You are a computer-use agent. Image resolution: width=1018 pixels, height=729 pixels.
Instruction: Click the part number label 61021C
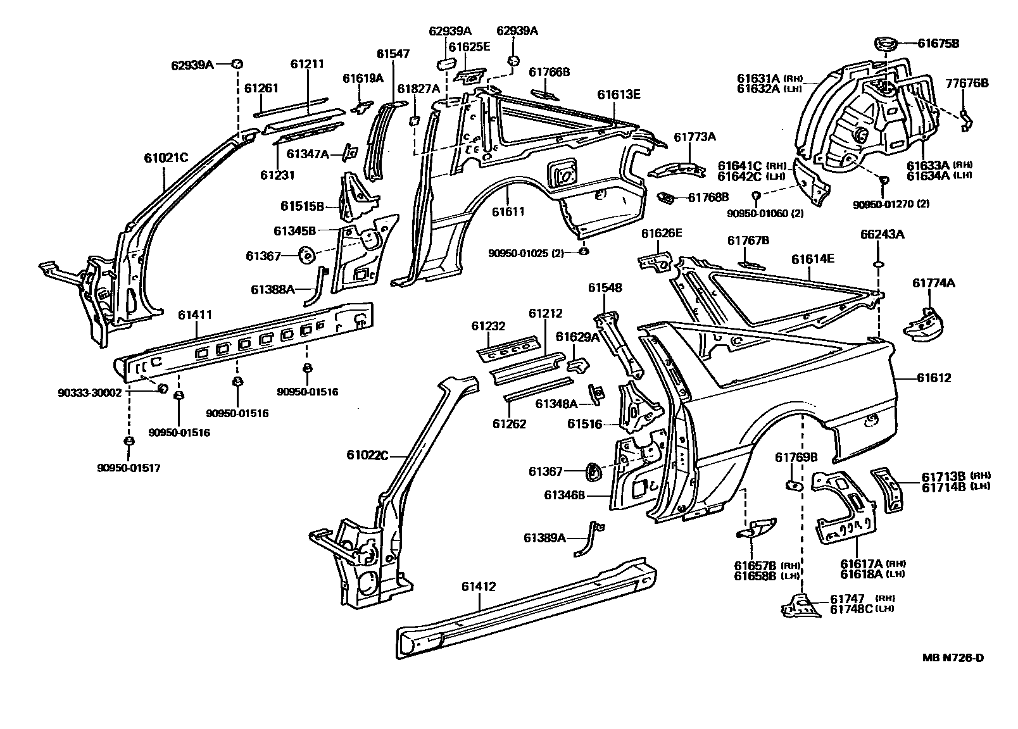click(166, 158)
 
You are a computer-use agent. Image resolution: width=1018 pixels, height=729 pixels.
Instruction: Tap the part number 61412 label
click(479, 587)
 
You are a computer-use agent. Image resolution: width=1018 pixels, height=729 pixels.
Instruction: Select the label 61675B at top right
click(938, 44)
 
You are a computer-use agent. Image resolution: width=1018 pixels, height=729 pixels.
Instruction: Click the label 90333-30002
click(90, 393)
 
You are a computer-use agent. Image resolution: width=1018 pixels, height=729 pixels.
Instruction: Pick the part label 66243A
click(882, 234)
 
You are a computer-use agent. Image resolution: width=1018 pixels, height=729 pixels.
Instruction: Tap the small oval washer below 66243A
click(878, 264)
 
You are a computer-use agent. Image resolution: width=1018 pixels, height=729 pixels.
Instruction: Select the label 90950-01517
click(129, 468)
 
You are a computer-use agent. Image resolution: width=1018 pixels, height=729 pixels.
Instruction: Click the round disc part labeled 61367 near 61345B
click(307, 254)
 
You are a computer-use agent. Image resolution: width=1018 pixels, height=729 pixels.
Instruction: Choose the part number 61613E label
click(619, 94)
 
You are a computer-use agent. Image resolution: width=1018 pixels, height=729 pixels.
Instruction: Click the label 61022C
click(368, 455)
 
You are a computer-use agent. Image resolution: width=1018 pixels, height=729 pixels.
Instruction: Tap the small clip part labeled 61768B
click(666, 197)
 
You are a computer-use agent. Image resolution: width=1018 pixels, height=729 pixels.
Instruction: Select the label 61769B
click(796, 458)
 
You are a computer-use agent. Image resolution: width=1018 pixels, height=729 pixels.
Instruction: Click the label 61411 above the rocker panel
click(195, 315)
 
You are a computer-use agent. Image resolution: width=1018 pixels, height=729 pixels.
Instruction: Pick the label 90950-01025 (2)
click(526, 254)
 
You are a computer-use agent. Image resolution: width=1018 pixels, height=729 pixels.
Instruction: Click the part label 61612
click(934, 378)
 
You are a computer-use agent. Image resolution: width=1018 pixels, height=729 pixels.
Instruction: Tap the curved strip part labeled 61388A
click(317, 286)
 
